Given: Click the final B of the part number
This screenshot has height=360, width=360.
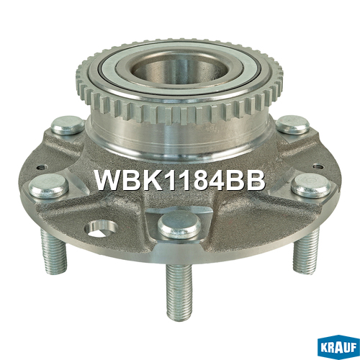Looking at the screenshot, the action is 256,180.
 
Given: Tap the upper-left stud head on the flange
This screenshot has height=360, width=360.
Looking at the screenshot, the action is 68,125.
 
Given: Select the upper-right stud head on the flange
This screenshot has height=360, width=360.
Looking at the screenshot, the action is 292,125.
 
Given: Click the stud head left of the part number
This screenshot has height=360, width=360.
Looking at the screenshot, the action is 49,186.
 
